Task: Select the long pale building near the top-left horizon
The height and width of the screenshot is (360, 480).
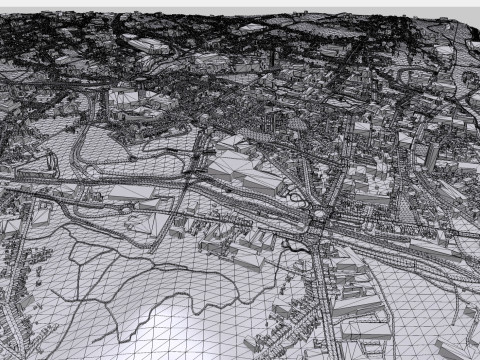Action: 148,45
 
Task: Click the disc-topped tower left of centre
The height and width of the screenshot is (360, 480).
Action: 141,83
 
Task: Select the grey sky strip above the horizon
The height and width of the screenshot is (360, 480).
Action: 240,6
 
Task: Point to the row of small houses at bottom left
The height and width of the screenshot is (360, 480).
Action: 20,300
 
